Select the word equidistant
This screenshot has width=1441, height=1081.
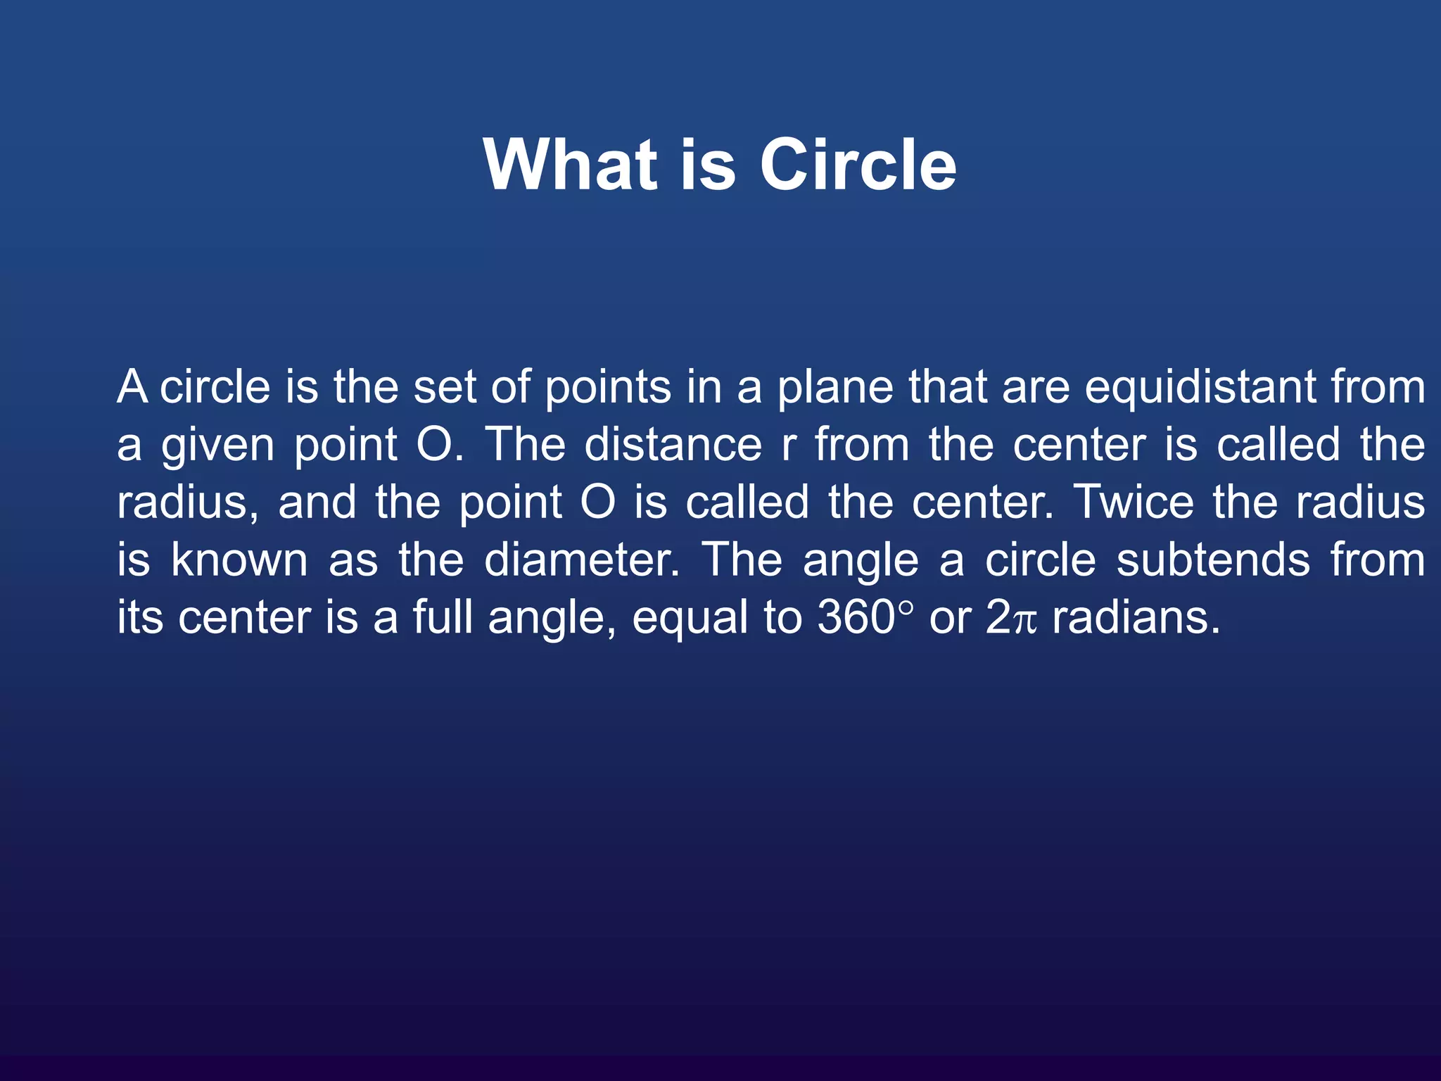click(x=1200, y=388)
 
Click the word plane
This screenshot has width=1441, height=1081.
click(x=834, y=388)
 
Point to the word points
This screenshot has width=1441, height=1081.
click(x=608, y=388)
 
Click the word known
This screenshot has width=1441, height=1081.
click(x=239, y=560)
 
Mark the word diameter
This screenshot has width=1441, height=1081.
click(x=581, y=560)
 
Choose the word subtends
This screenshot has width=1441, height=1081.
click(x=1213, y=560)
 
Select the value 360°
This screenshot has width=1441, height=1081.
click(x=865, y=618)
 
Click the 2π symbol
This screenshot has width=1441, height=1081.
click(x=1011, y=618)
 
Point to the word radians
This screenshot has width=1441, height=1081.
click(x=1136, y=618)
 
